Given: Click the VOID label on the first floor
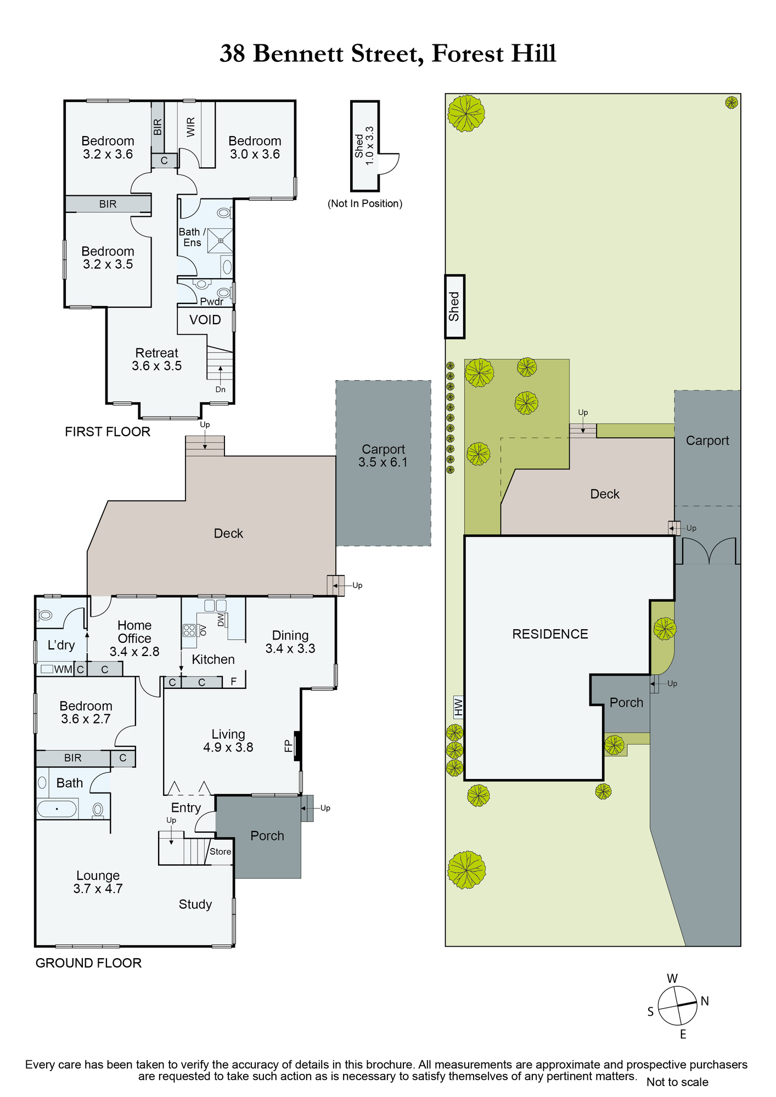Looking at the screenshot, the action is click(205, 320).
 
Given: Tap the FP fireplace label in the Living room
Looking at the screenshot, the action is click(288, 746).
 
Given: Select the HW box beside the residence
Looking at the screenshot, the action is click(458, 707).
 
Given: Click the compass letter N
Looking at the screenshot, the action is click(705, 1001).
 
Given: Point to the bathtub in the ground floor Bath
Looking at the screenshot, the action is click(57, 809).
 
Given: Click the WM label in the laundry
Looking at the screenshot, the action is click(63, 669).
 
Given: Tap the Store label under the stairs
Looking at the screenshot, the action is click(221, 852).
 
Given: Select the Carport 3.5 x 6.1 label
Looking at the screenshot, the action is click(383, 456).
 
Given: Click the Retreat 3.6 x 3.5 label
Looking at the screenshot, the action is click(157, 359).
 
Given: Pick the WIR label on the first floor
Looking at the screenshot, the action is click(191, 127).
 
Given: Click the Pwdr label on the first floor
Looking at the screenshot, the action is click(212, 301).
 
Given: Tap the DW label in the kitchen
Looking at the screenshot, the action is click(221, 620).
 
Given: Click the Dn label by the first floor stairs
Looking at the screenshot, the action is click(221, 389).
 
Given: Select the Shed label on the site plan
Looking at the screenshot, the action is click(454, 307).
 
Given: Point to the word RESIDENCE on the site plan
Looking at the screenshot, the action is click(550, 634).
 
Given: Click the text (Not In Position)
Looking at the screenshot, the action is click(365, 203).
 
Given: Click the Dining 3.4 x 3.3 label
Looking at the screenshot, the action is click(290, 642).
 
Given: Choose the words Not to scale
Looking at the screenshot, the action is click(677, 1082).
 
